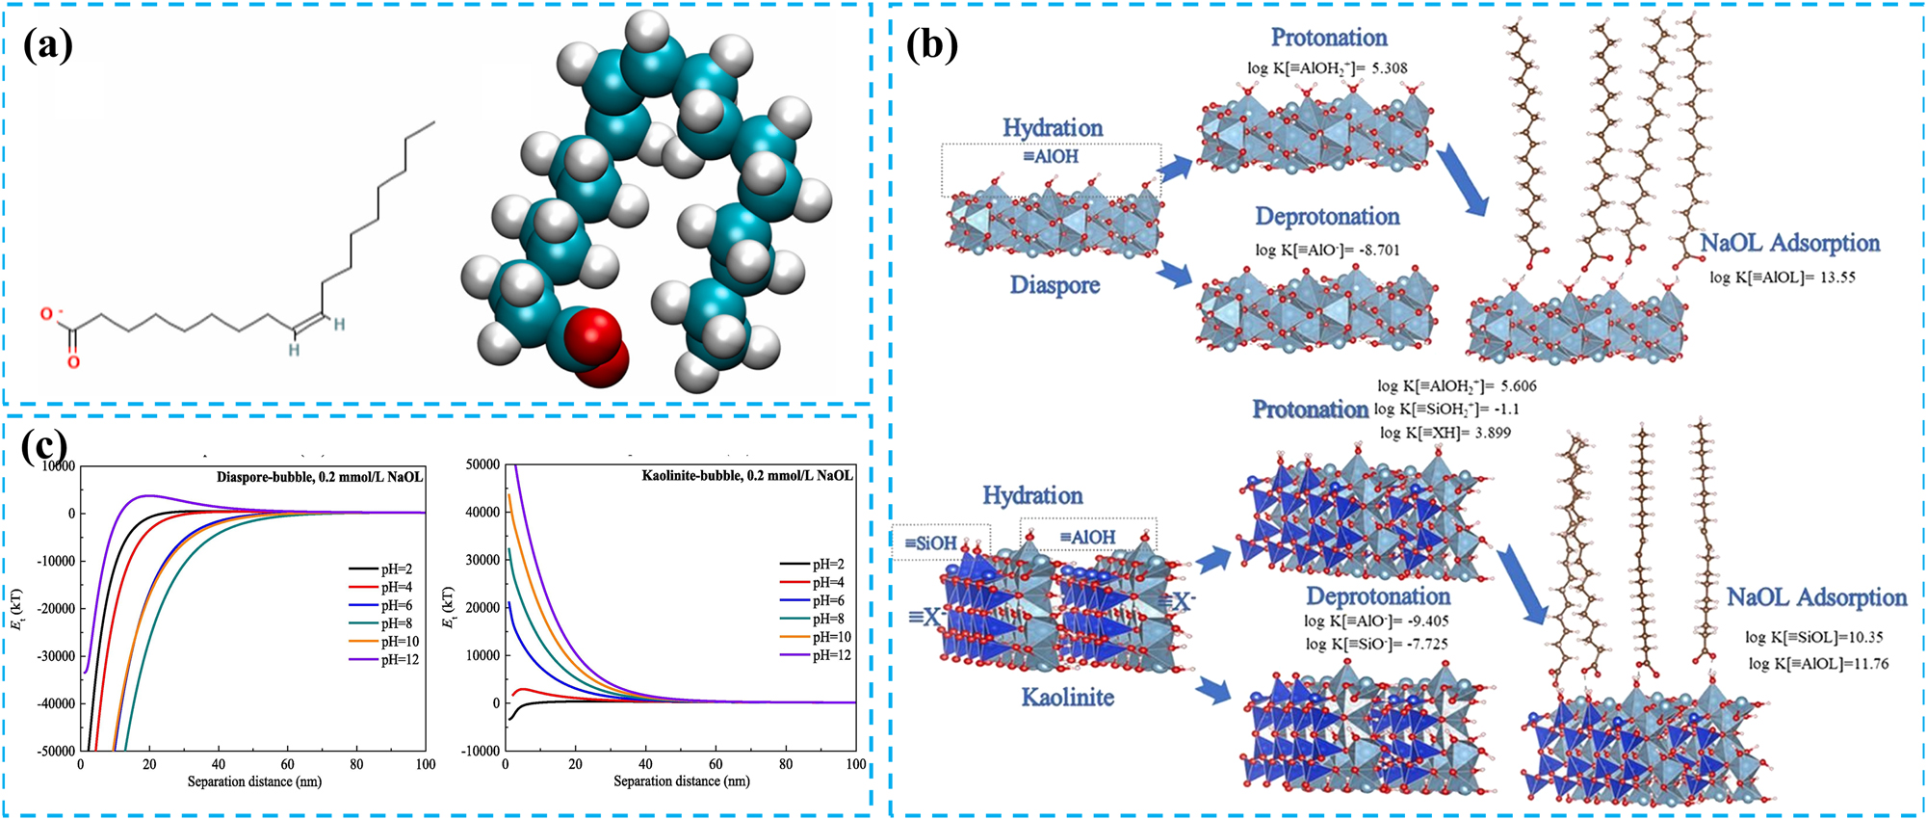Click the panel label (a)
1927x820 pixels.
pyautogui.click(x=47, y=44)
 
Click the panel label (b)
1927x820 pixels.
pyautogui.click(x=931, y=44)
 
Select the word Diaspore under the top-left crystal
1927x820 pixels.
pyautogui.click(x=1054, y=285)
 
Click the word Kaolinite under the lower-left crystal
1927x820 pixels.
pyautogui.click(x=1067, y=697)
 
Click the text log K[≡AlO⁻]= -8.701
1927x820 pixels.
pyautogui.click(x=1327, y=250)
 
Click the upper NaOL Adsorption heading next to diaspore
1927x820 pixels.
pyautogui.click(x=1789, y=243)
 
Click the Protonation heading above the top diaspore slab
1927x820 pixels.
pyautogui.click(x=1329, y=38)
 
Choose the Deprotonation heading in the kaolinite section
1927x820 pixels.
pyautogui.click(x=1377, y=595)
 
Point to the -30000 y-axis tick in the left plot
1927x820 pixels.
pyautogui.click(x=56, y=656)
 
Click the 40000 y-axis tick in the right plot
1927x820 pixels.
pyautogui.click(x=482, y=513)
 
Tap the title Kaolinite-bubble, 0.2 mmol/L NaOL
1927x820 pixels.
pyautogui.click(x=747, y=476)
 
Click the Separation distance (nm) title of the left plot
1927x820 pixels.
pyautogui.click(x=253, y=781)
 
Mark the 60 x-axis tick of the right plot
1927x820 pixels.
pyautogui.click(x=716, y=764)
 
